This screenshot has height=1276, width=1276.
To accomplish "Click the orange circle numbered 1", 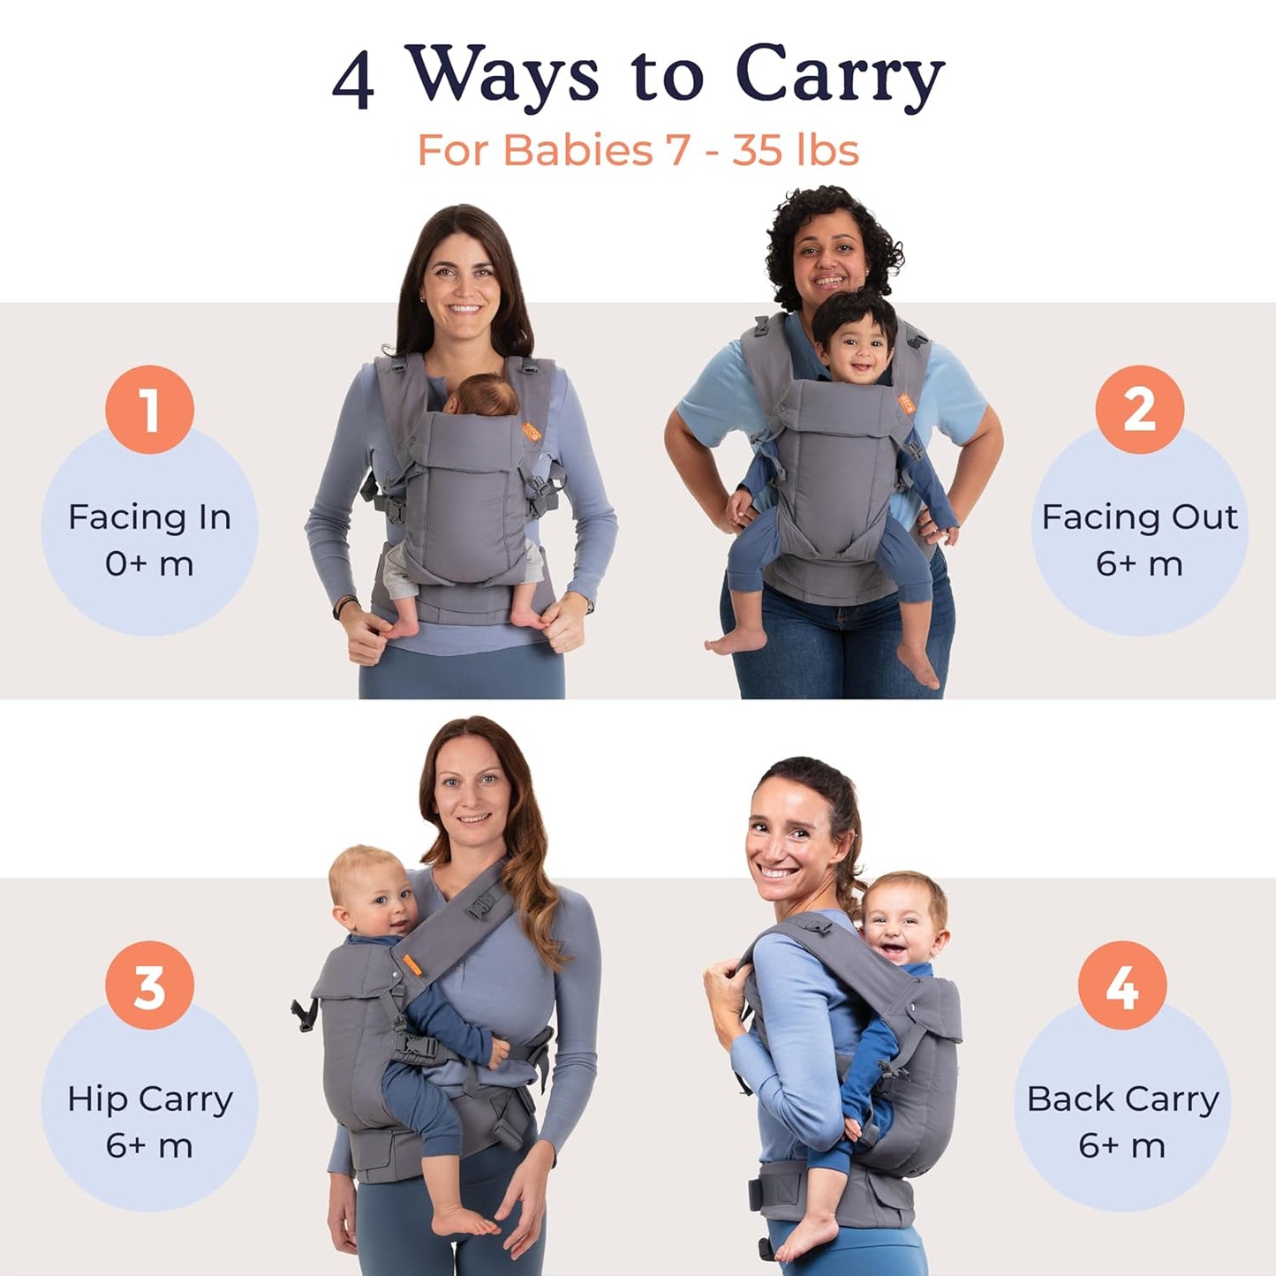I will (149, 410).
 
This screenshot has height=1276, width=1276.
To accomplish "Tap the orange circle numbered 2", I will (1139, 410).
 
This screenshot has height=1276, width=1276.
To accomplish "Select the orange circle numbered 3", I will (149, 985).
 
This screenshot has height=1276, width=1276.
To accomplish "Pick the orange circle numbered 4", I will (1121, 985).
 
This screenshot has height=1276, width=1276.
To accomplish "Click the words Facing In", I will (149, 517).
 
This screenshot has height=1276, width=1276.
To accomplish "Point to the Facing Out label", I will (1139, 517).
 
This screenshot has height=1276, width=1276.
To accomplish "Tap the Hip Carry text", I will (149, 1099).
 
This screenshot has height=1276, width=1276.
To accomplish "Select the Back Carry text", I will (1122, 1099).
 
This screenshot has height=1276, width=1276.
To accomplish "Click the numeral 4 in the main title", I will (353, 79).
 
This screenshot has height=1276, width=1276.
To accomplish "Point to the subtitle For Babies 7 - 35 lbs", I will (638, 150).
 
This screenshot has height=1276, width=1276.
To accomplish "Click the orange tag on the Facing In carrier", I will (531, 432).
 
